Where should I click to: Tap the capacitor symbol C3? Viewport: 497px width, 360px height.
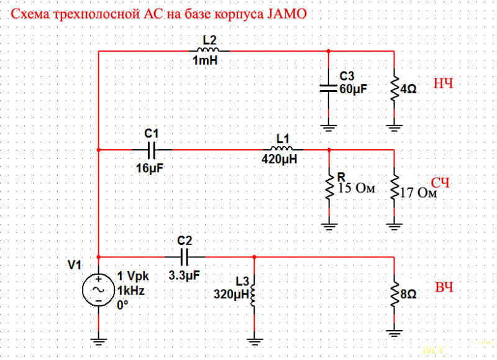(x=329, y=88)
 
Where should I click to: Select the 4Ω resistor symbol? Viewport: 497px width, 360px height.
(x=394, y=89)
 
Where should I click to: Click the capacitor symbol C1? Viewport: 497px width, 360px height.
(x=152, y=150)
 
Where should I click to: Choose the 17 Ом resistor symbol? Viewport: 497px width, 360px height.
(x=394, y=187)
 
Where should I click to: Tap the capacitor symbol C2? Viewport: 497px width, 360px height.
(x=185, y=256)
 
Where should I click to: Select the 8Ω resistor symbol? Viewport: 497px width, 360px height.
(x=394, y=292)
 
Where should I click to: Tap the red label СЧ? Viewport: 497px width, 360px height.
(x=440, y=183)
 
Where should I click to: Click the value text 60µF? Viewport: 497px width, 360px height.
(x=353, y=89)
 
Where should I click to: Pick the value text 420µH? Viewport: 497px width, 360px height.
(x=280, y=160)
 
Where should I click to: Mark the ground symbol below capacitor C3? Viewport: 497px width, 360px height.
(x=329, y=128)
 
